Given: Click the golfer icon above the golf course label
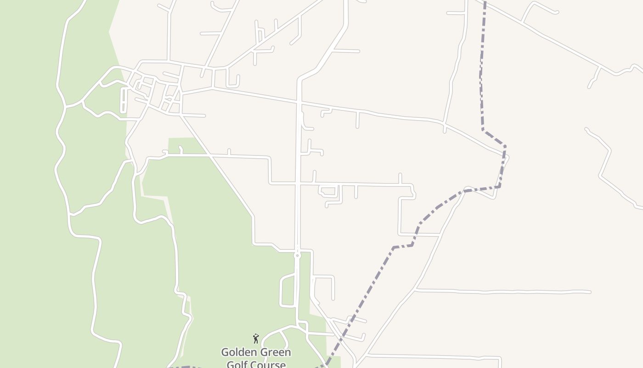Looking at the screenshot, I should (256, 339).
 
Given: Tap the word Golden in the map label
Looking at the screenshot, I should (237, 352).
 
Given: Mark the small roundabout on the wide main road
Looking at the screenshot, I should (297, 255).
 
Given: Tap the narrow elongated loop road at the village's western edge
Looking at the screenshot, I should (123, 100).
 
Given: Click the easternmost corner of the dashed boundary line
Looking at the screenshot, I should (505, 146).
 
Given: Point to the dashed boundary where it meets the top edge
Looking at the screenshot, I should (485, 2).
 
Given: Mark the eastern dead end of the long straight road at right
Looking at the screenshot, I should (590, 292).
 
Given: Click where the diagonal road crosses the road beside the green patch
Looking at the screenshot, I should (211, 156).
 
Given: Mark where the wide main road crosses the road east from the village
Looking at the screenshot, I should (299, 102).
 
